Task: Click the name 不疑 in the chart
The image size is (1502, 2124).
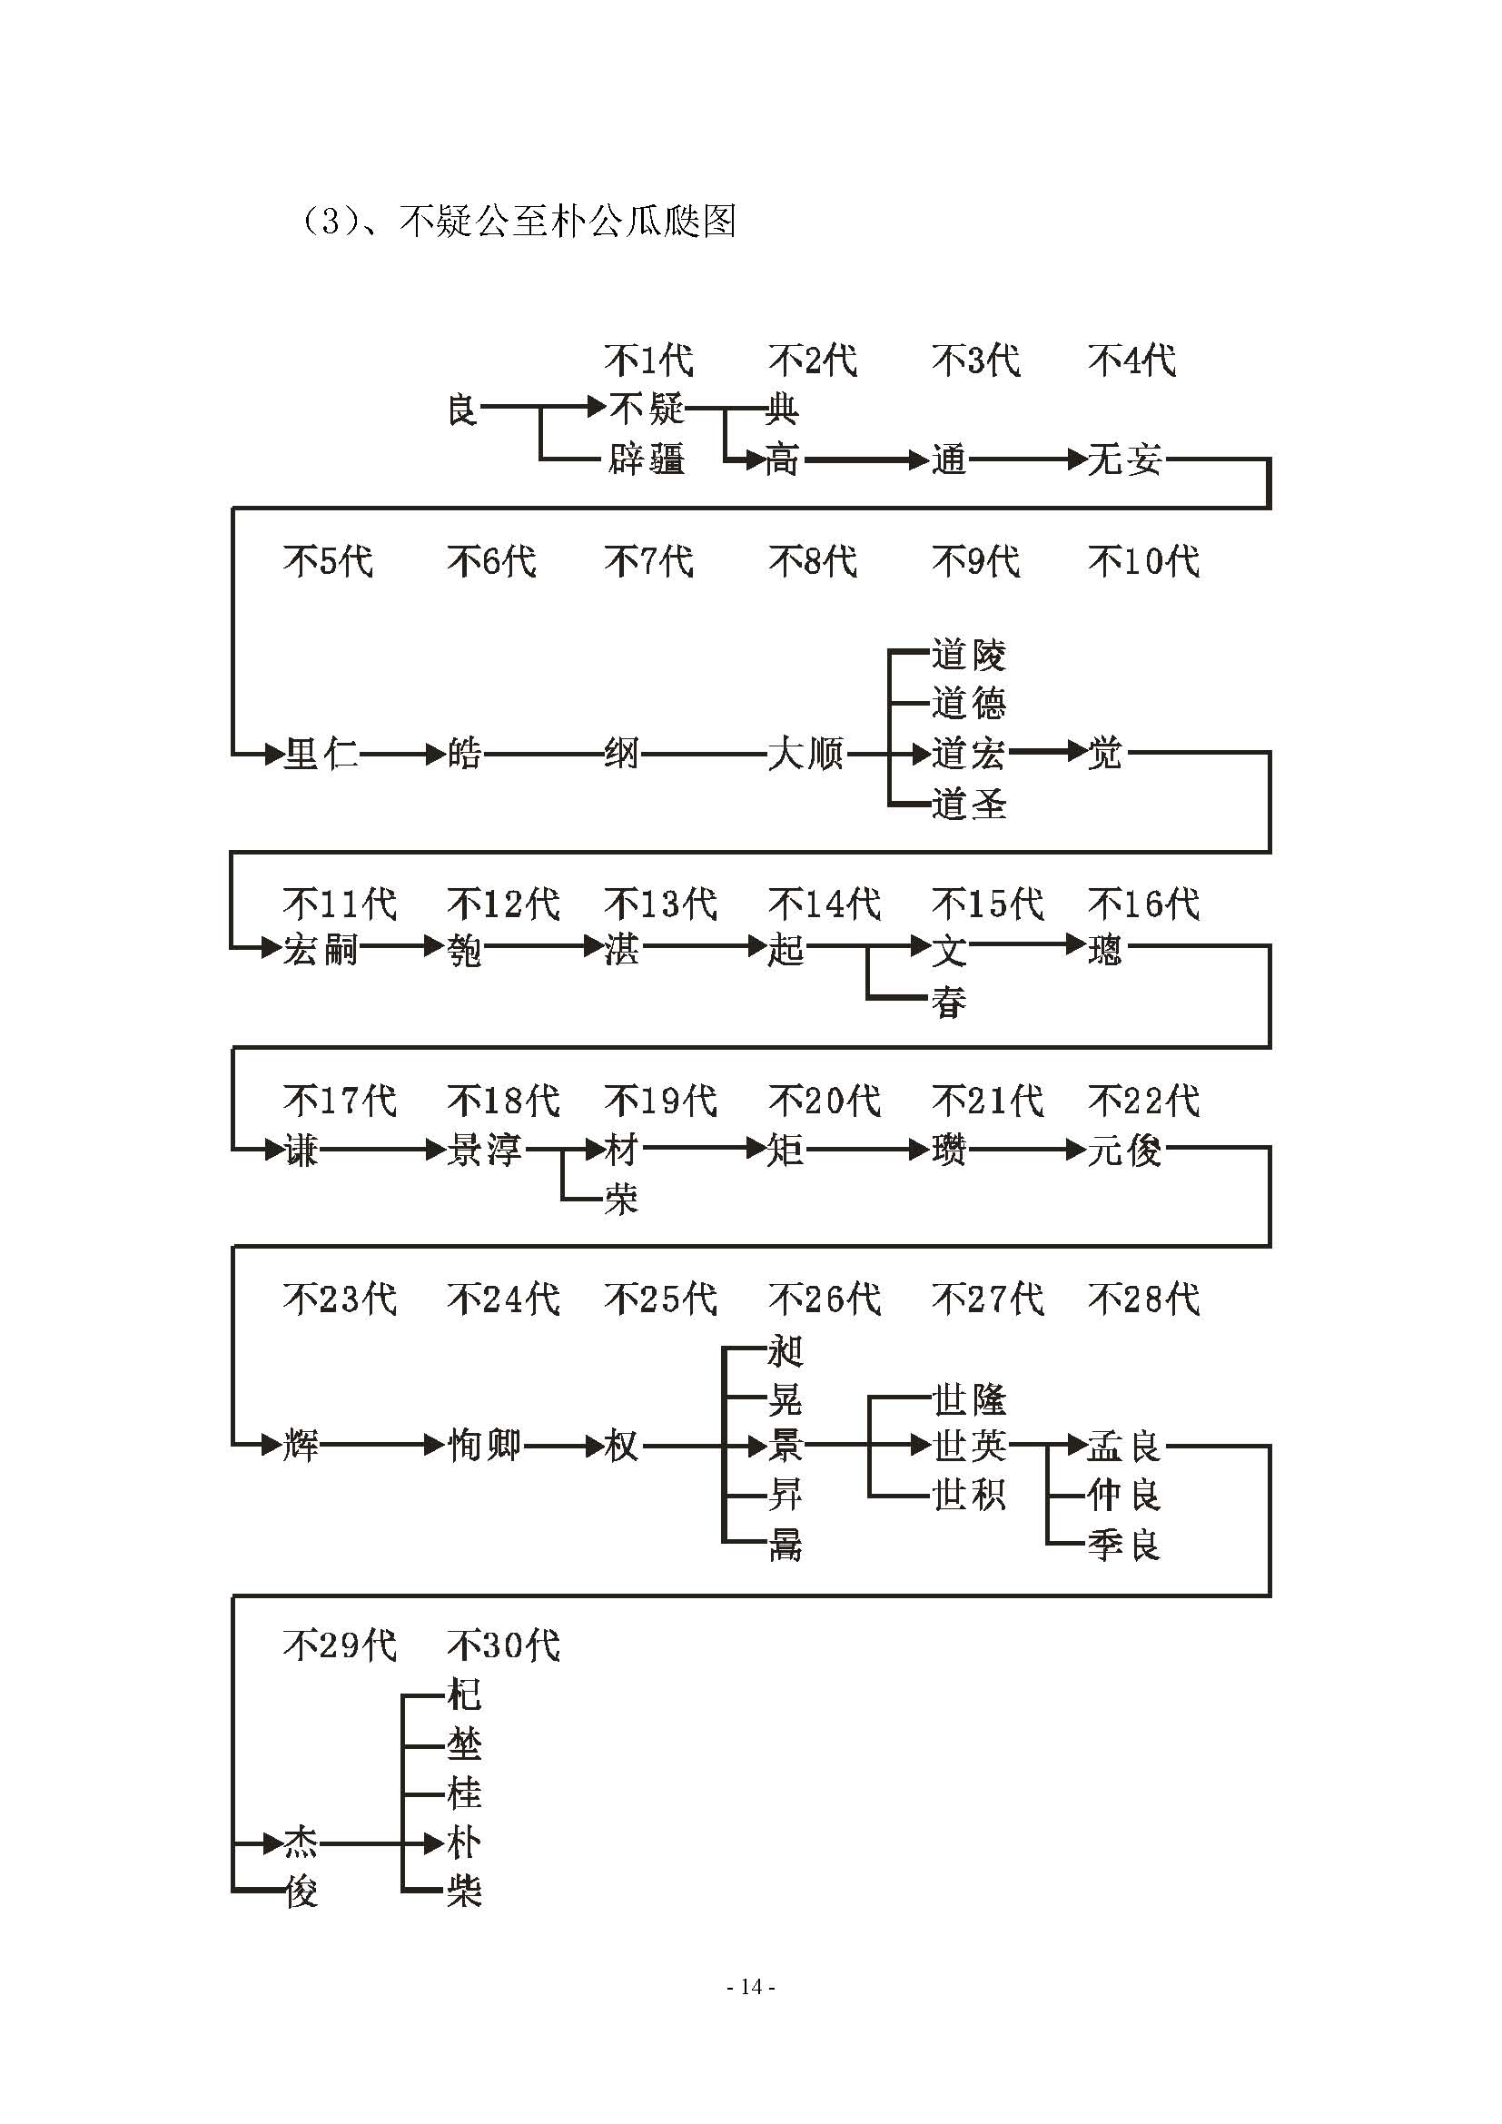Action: click(647, 407)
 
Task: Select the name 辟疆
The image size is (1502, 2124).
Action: click(647, 459)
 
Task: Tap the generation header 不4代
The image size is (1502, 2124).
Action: click(1132, 360)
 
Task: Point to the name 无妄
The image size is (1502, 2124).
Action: click(1124, 459)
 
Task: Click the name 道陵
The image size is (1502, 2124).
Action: click(968, 654)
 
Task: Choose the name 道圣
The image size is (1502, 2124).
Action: click(968, 803)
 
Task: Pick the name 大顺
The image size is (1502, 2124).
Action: click(805, 753)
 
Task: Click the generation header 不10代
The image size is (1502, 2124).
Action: click(1144, 560)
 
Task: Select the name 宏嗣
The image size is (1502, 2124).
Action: click(320, 949)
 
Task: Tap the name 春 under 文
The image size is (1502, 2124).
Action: click(949, 1002)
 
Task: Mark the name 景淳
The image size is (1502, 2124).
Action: click(484, 1150)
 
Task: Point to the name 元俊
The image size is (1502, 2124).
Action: click(1124, 1150)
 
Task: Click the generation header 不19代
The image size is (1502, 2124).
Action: click(660, 1100)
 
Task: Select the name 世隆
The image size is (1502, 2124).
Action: click(968, 1399)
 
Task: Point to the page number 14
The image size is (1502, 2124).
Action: click(751, 1986)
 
